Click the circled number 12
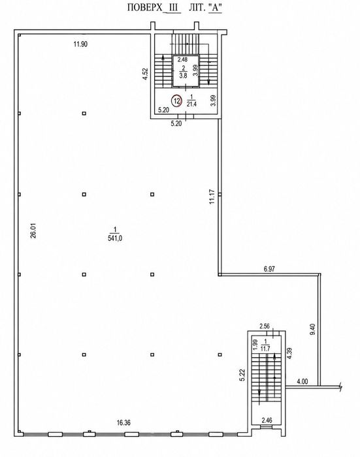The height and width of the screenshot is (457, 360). coord(176,101)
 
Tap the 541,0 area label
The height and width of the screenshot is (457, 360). coord(115,238)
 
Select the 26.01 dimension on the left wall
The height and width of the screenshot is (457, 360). coord(33,231)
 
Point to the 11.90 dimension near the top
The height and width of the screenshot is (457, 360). coord(80,44)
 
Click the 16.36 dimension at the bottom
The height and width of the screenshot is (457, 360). coord(123,422)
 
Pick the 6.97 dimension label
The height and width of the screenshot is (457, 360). coord(269,269)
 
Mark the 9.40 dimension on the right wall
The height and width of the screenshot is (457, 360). coord(314,329)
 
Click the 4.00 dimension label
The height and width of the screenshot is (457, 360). coord(302,381)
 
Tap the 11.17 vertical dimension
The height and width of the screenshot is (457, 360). coord(212,197)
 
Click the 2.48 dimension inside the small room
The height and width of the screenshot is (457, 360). coord(183,59)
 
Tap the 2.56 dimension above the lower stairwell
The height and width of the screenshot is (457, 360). coord(265,326)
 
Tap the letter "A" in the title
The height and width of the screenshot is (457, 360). coord(216,7)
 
